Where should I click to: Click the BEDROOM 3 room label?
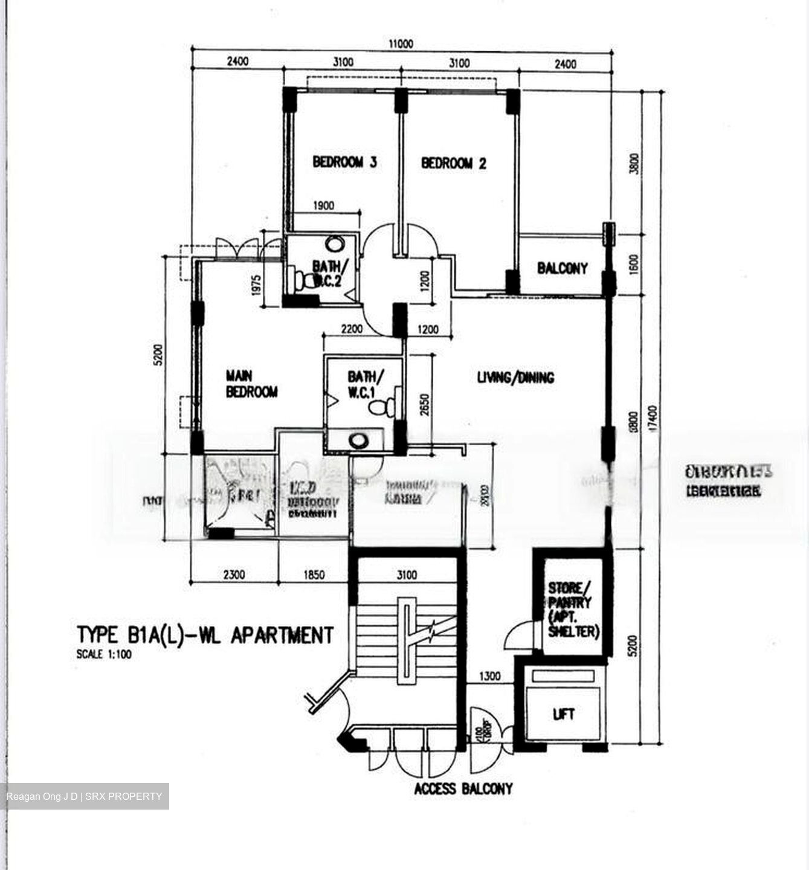[x=345, y=162]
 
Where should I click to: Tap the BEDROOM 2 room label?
[x=453, y=163]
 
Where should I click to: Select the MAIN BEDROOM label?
[x=251, y=384]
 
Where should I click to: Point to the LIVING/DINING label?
[x=515, y=378]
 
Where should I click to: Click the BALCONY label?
[x=562, y=268]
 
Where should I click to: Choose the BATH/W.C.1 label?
[x=363, y=384]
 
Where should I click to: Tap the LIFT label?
[x=563, y=715]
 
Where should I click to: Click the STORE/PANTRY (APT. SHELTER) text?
[x=573, y=610]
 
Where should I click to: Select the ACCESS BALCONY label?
[x=463, y=788]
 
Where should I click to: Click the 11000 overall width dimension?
[x=401, y=43]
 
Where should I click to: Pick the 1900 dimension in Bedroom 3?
[x=323, y=206]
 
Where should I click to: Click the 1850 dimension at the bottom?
[x=314, y=575]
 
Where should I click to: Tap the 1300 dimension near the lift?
[x=489, y=676]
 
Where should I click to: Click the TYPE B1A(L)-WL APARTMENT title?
[x=205, y=635]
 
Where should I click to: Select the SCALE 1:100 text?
[x=104, y=654]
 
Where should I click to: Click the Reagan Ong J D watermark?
[x=42, y=796]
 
